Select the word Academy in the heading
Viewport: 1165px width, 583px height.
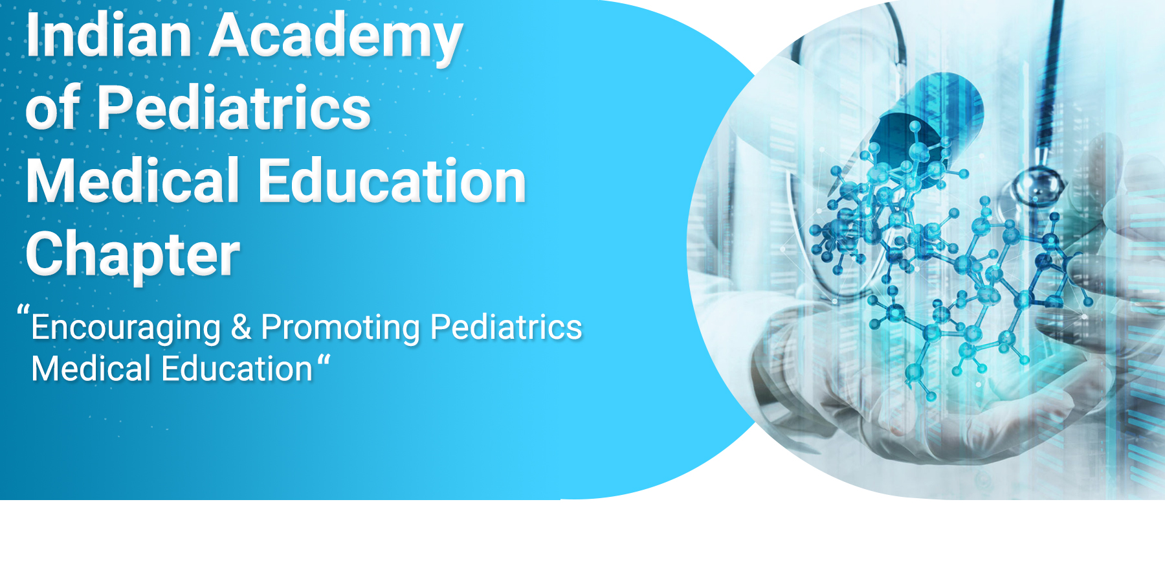pyautogui.click(x=335, y=39)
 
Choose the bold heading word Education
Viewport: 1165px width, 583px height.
pyautogui.click(x=392, y=181)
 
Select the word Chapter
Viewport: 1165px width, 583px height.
pyautogui.click(x=133, y=255)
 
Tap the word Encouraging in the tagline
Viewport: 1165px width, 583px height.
pyautogui.click(x=126, y=328)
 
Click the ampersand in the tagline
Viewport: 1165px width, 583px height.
pyautogui.click(x=241, y=326)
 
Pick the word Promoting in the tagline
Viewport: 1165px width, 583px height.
pyautogui.click(x=340, y=328)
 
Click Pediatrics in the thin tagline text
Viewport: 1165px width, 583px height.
pyautogui.click(x=506, y=326)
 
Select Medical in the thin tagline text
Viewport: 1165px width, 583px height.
pyautogui.click(x=91, y=369)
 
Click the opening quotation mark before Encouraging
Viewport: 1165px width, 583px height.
pyautogui.click(x=23, y=310)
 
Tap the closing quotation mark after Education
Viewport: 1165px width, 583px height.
pyautogui.click(x=324, y=360)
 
